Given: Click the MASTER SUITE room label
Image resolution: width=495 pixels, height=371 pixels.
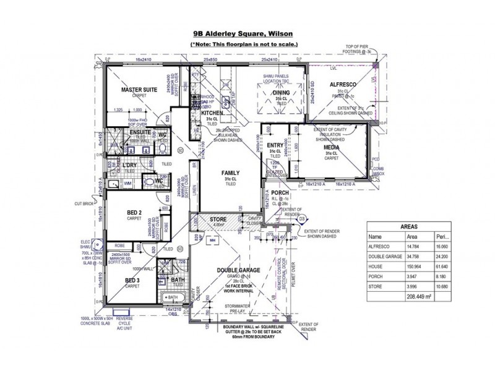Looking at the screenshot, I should (x=139, y=90).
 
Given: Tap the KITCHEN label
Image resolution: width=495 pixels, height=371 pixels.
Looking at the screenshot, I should (x=212, y=114).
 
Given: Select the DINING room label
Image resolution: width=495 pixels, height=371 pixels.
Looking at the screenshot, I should (x=282, y=93).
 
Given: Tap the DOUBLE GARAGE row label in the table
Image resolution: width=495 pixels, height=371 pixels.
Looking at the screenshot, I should (x=384, y=255).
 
